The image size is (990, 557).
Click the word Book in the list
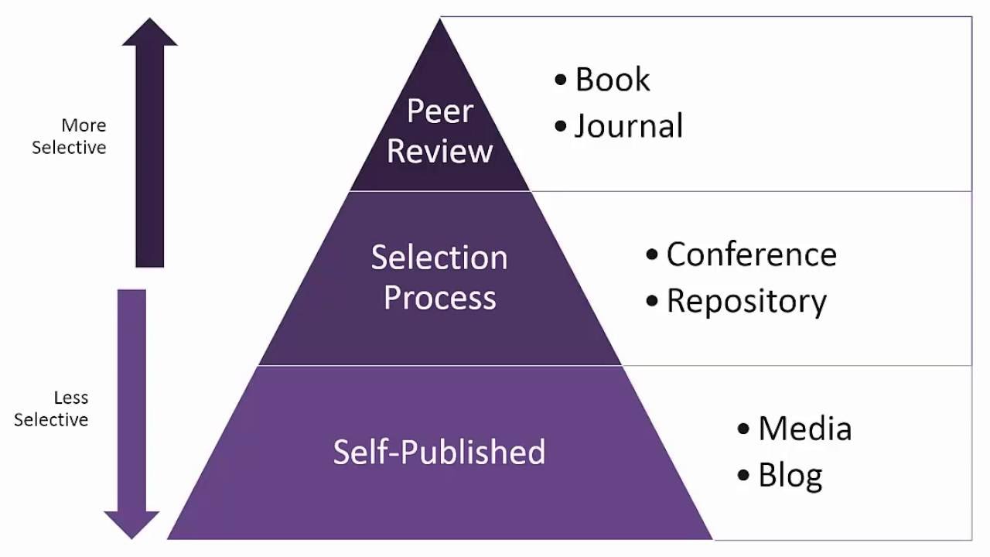(613, 80)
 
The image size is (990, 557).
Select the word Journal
(629, 126)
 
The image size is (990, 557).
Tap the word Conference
(751, 255)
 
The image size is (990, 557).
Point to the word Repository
(746, 301)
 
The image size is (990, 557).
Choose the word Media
(804, 429)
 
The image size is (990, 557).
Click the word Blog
(790, 475)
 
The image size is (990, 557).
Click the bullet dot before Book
(561, 80)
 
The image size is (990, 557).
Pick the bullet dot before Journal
(561, 126)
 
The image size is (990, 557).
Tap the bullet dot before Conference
(652, 255)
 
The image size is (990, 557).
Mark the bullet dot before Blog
(744, 475)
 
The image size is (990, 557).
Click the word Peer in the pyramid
(439, 111)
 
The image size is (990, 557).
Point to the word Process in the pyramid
(439, 297)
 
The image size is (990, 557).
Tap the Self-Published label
(439, 452)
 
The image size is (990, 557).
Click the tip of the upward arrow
(149, 20)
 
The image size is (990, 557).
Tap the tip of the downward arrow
(131, 537)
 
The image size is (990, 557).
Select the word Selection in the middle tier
(439, 258)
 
